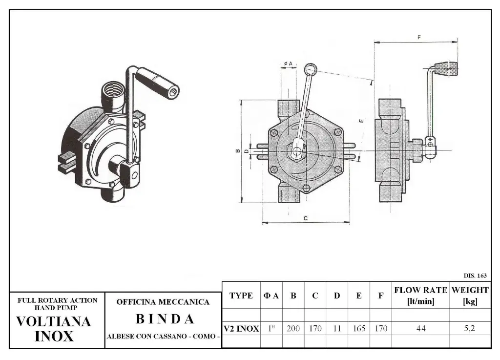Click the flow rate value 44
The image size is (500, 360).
[420, 329]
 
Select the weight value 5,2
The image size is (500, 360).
[469, 329]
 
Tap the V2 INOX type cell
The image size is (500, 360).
[241, 329]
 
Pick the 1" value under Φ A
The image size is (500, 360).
[271, 329]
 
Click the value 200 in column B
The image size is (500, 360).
[293, 329]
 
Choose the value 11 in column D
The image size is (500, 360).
[337, 329]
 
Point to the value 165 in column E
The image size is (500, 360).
[359, 329]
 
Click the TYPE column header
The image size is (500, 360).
[241, 296]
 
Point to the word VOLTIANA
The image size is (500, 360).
[54, 322]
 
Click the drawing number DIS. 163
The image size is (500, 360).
[475, 275]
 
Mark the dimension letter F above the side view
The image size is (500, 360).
[419, 38]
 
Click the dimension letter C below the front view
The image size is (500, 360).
[306, 218]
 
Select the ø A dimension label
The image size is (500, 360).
[288, 64]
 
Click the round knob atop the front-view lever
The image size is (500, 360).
[311, 69]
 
